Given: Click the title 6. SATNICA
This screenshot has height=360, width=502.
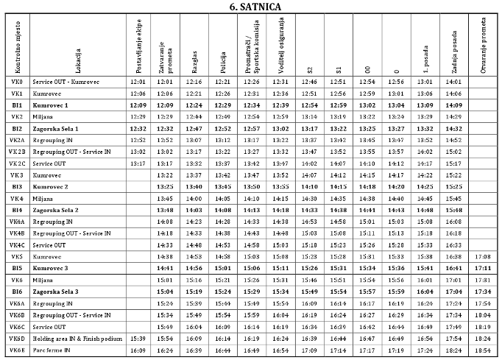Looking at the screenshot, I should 250,7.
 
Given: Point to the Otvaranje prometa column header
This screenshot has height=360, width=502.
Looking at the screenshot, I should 483,46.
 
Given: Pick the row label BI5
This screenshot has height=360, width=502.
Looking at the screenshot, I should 17,269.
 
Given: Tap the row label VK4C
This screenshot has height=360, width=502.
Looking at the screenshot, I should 17,244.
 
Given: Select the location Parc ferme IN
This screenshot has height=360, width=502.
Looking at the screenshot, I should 53,350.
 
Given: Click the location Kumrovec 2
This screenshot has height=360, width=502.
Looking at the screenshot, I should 51,187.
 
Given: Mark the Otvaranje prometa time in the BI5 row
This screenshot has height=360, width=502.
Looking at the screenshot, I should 483,269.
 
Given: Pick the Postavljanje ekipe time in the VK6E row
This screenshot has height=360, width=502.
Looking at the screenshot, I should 138,350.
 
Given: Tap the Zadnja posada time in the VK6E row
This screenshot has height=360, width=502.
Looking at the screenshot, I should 453,350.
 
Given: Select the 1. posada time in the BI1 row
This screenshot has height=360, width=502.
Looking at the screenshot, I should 425,105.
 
